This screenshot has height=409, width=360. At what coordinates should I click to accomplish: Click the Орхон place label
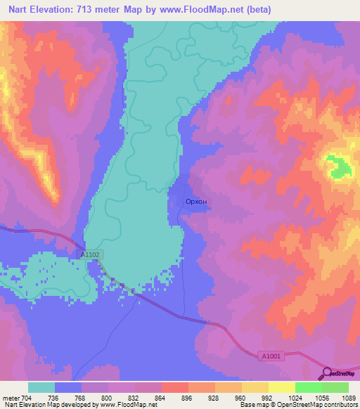tap(195, 202)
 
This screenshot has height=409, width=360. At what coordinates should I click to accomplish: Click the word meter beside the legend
tap(11, 397)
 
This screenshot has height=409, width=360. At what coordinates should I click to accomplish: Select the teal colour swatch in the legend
tap(41, 387)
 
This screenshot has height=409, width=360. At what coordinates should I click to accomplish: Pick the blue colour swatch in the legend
tap(67, 387)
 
